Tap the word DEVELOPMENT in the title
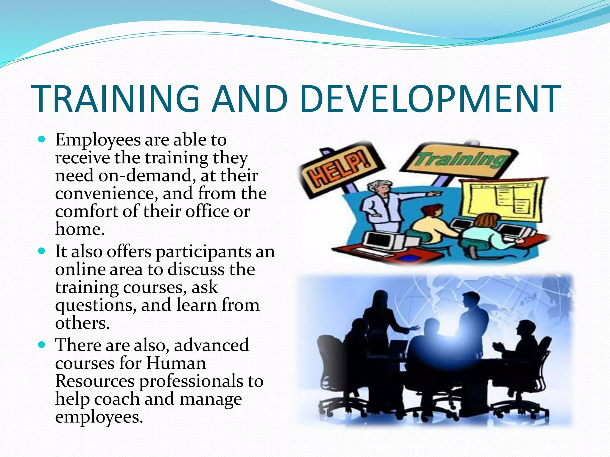pyautogui.click(x=430, y=99)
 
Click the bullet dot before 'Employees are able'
pyautogui.click(x=42, y=139)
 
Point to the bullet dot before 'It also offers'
pyautogui.click(x=42, y=251)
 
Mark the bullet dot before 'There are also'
pyautogui.click(x=42, y=345)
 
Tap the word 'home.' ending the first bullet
pyautogui.click(x=80, y=229)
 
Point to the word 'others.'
pyautogui.click(x=82, y=323)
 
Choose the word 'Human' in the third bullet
pyautogui.click(x=176, y=363)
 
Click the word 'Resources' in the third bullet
pyautogui.click(x=95, y=381)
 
